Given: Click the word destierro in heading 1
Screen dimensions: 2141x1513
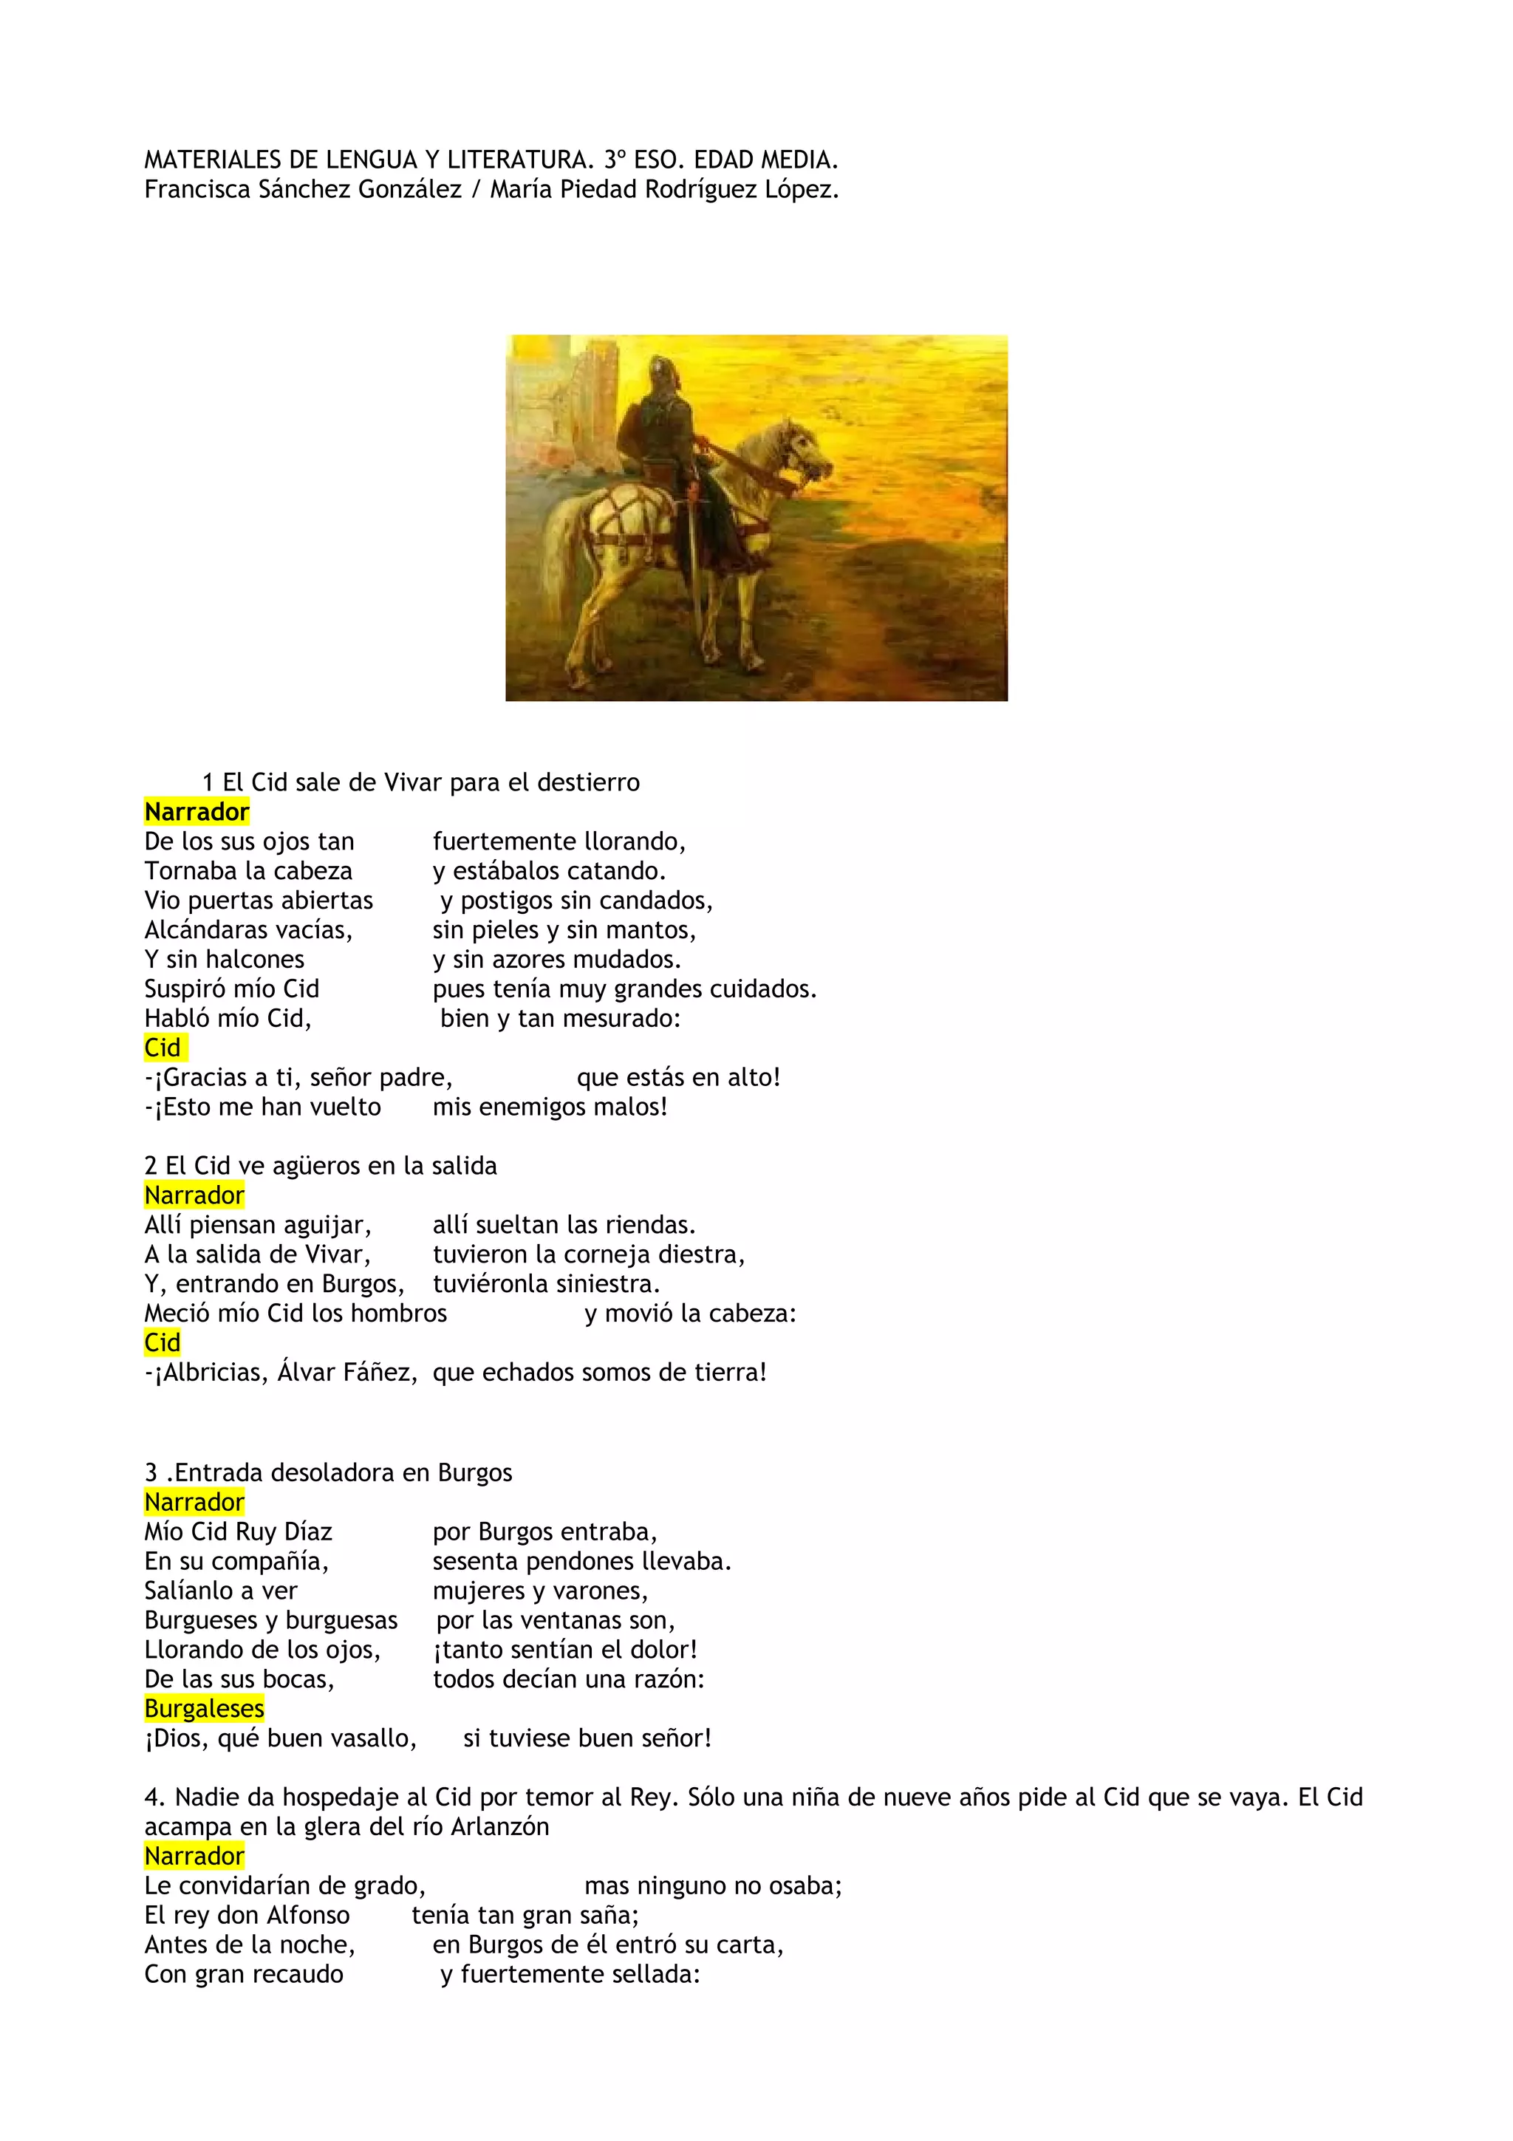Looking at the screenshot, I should pos(594,782).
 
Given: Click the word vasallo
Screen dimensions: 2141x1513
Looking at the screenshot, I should pos(366,1738).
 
